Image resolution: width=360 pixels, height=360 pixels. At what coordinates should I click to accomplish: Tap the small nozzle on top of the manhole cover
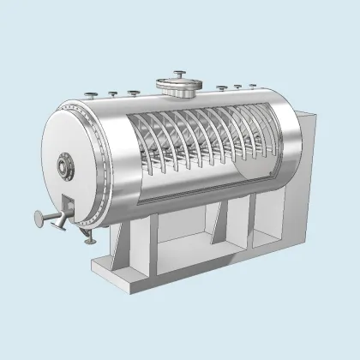[x=181, y=72]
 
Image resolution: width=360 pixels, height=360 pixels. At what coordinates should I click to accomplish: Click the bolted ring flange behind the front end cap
[x=92, y=171]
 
